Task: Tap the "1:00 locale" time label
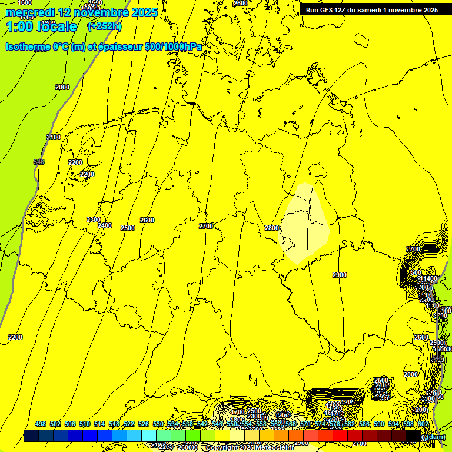point(42,26)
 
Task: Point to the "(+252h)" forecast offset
point(104,26)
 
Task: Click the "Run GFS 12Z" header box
point(371,10)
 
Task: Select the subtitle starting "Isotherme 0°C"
point(104,46)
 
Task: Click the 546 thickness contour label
point(39,162)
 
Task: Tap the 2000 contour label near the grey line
point(62,87)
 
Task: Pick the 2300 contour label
point(94,220)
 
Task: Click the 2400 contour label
point(105,226)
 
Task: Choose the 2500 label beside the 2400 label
point(127,228)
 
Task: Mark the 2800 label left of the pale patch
point(271,228)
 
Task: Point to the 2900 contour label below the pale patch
point(340,275)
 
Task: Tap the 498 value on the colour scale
point(41,424)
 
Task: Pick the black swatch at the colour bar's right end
point(414,436)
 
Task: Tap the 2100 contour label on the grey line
point(54,137)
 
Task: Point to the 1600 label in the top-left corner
point(25,3)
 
